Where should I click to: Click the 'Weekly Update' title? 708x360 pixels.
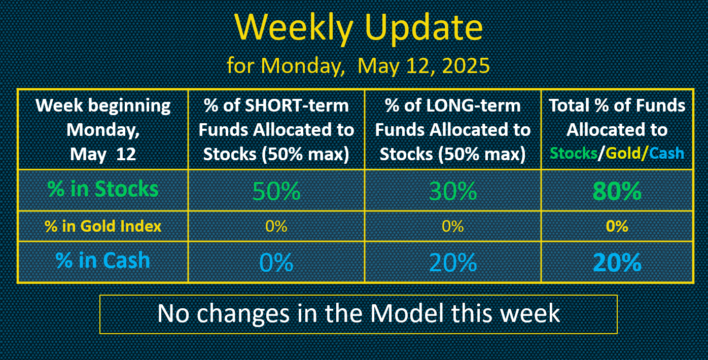pos(359,28)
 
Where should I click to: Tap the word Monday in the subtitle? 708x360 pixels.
pos(302,66)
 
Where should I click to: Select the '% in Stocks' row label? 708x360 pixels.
pos(103,189)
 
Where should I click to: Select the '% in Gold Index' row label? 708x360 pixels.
pos(103,226)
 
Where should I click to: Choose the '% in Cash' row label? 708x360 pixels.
pos(103,261)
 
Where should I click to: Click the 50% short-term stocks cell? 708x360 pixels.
pos(276,191)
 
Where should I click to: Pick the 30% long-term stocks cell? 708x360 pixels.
pos(452,191)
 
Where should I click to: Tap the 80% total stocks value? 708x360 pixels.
pos(617,191)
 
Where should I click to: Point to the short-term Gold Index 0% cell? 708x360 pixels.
pos(276,226)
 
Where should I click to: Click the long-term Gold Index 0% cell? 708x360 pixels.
pos(452,226)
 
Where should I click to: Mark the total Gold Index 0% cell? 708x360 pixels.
pos(617,226)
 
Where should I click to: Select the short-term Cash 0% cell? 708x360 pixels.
pos(276,262)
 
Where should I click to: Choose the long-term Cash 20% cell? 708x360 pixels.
pos(452,262)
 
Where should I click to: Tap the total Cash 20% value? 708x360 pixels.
pos(617,262)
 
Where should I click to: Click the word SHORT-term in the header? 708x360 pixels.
pos(297,105)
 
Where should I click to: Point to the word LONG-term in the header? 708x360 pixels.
pos(473,105)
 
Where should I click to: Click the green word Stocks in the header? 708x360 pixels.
pos(574,153)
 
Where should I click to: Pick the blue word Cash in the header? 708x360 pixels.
pos(666,153)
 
